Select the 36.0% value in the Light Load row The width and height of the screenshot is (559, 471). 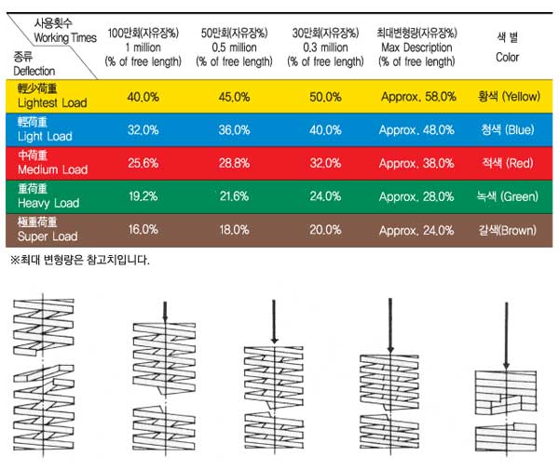234,130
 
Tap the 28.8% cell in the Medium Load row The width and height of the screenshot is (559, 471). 234,164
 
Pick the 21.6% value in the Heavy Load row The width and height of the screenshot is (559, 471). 234,197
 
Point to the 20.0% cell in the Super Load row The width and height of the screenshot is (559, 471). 325,230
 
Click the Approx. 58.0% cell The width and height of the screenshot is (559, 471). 416,97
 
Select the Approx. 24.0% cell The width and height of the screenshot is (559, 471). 416,230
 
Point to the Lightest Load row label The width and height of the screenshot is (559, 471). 52,97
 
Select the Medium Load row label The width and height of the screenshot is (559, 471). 52,164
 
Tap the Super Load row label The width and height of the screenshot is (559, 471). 48,230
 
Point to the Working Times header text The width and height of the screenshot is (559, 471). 64,36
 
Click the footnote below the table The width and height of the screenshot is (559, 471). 79,260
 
